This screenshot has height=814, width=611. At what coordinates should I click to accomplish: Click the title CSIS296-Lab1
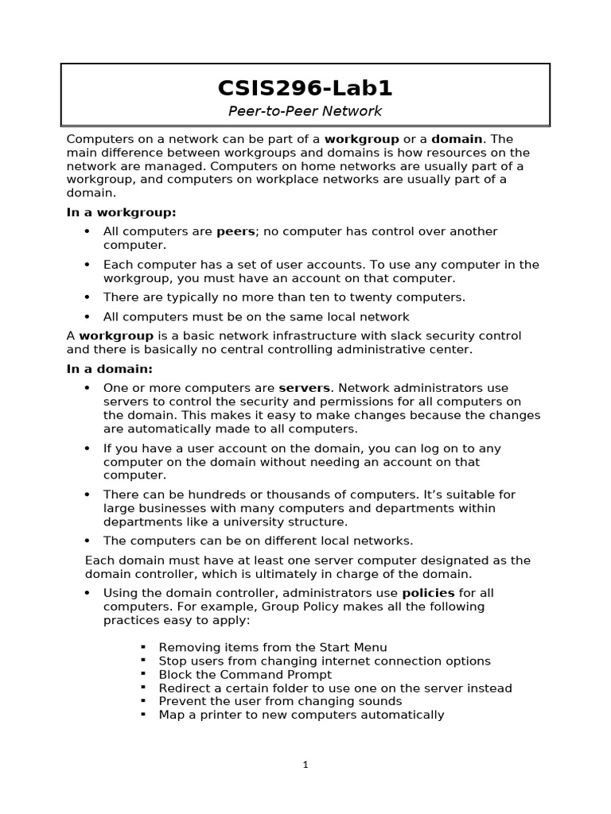(305, 87)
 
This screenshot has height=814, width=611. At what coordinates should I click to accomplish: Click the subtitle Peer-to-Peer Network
(305, 111)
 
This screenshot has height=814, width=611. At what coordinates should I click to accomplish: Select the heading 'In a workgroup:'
(121, 213)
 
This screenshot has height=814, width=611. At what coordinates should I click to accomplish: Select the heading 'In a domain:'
(109, 369)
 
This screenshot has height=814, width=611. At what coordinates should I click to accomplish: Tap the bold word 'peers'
(235, 231)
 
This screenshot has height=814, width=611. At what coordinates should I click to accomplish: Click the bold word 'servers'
(304, 388)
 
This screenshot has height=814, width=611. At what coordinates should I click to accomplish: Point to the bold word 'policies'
(428, 593)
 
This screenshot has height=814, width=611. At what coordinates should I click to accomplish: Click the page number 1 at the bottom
(305, 765)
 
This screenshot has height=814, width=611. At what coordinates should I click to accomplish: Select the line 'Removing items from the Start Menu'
(273, 648)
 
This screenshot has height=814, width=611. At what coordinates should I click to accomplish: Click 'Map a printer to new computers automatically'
(302, 715)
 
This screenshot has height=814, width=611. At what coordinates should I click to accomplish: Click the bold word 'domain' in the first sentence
(457, 139)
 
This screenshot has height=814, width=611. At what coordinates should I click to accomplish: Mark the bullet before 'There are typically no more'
(87, 297)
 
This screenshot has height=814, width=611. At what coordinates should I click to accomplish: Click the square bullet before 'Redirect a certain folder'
(144, 688)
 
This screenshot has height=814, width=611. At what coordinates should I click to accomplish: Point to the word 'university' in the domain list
(228, 522)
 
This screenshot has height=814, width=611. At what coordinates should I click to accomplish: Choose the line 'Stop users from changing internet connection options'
(325, 661)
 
